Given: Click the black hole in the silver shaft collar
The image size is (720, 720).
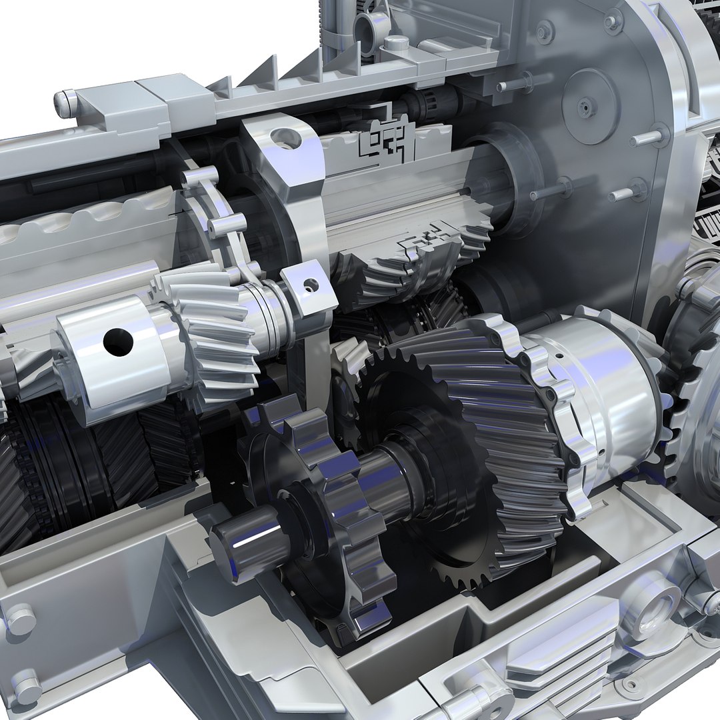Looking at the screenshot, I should pyautogui.click(x=118, y=341).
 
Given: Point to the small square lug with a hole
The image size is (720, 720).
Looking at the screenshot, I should pyautogui.click(x=308, y=287).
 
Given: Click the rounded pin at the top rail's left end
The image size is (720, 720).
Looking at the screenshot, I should pyautogui.click(x=65, y=103).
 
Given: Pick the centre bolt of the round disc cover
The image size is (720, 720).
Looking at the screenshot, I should pyautogui.click(x=586, y=107).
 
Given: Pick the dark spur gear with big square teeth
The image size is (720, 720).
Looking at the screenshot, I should pyautogui.click(x=313, y=507).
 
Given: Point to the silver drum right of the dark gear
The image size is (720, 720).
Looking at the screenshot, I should pyautogui.click(x=600, y=393).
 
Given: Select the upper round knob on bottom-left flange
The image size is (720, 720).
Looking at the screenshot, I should pyautogui.click(x=21, y=620).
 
